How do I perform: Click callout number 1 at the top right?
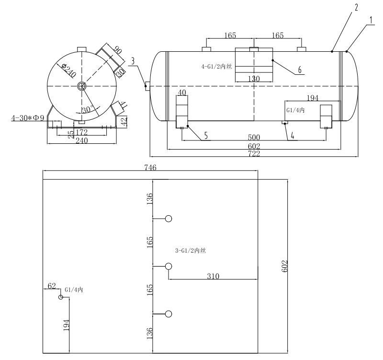371,21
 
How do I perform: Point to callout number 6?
300,70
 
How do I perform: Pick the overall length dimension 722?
254,153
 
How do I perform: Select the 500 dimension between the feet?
254,137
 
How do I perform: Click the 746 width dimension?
150,167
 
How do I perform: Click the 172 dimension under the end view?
82,131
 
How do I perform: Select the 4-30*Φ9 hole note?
27,118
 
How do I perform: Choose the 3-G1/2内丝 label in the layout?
191,251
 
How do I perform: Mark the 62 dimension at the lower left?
52,286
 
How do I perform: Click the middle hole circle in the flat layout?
168,266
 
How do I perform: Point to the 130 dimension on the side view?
254,79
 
